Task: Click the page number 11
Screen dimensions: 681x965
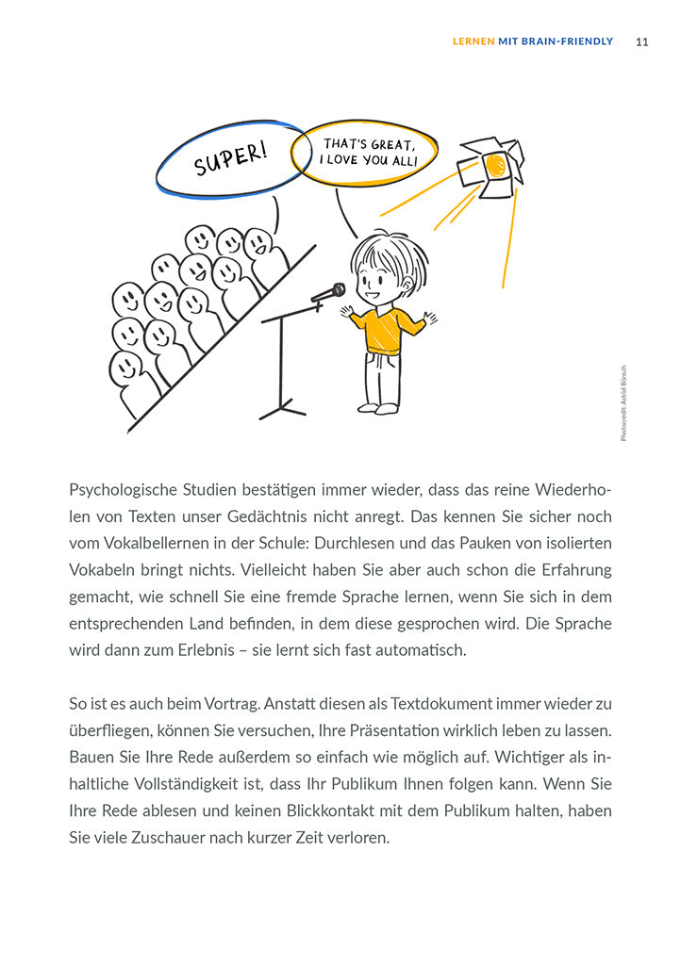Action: pyautogui.click(x=641, y=41)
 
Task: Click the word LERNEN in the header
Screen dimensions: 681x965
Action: pyautogui.click(x=473, y=41)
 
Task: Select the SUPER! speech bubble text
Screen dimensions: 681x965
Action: pyautogui.click(x=230, y=159)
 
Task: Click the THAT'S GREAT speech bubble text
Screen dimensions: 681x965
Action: pyautogui.click(x=367, y=152)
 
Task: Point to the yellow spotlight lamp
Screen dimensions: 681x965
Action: pyautogui.click(x=492, y=167)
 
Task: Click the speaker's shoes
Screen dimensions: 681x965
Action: pyautogui.click(x=376, y=408)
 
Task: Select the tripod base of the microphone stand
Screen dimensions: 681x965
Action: pyautogui.click(x=283, y=409)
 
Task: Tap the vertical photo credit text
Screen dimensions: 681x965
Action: pyautogui.click(x=623, y=403)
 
